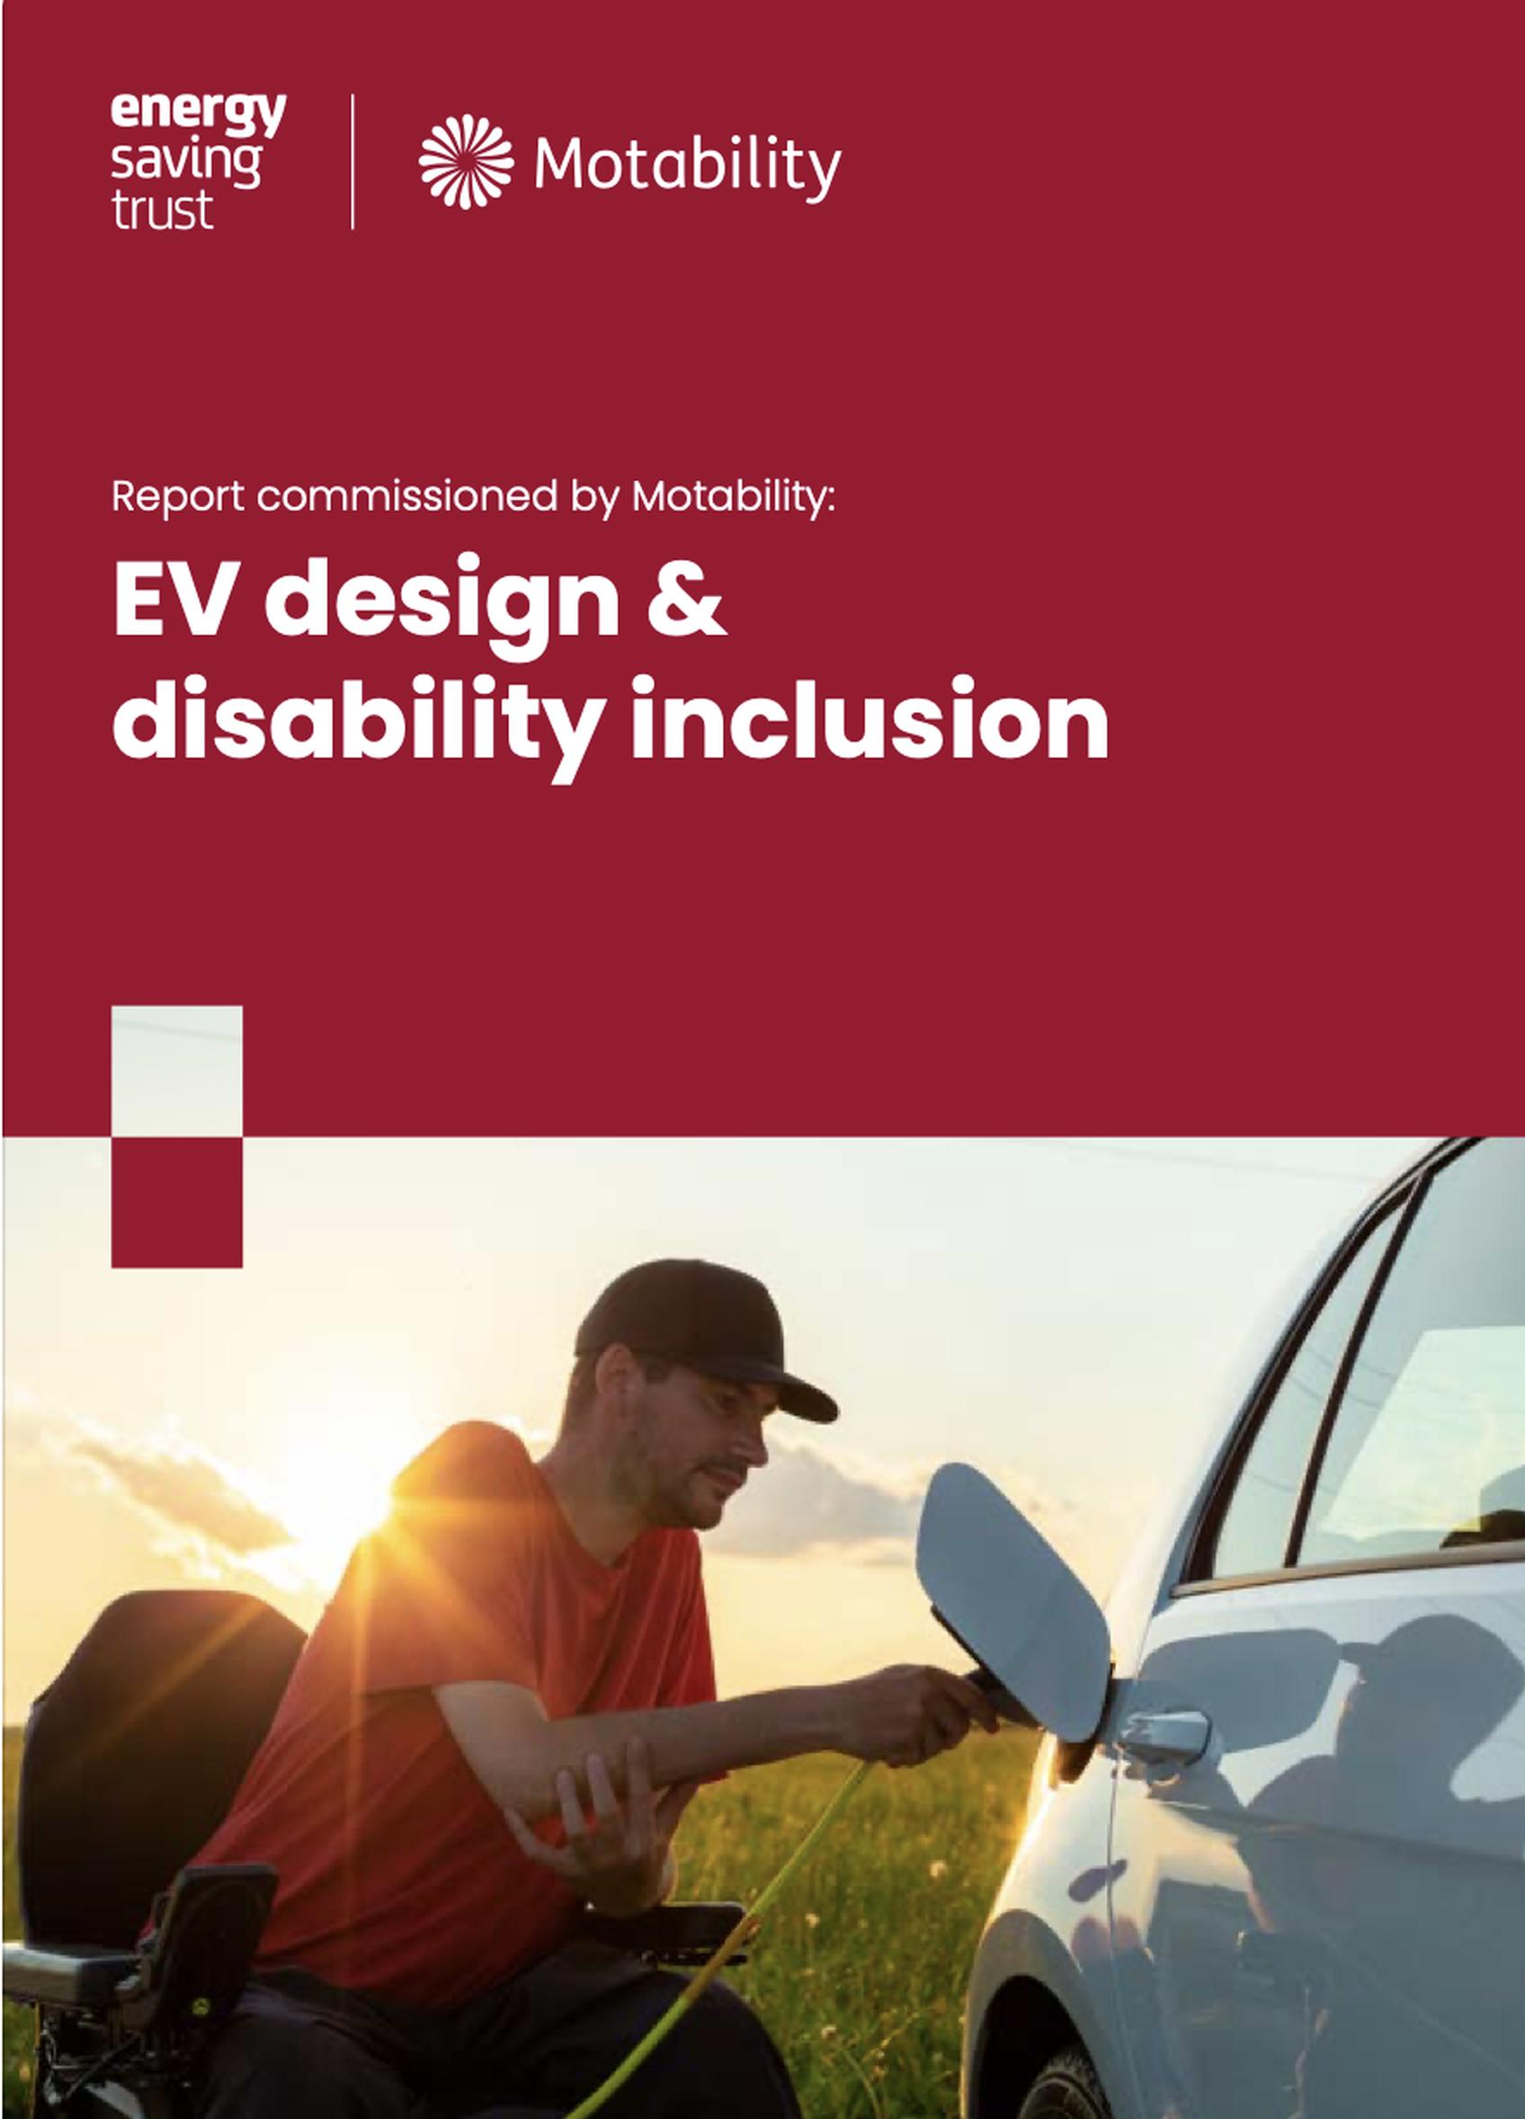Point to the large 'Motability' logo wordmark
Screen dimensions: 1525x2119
(x=687, y=166)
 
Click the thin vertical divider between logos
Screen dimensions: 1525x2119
(x=352, y=161)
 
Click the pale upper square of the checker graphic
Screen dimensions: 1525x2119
(x=176, y=1071)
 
